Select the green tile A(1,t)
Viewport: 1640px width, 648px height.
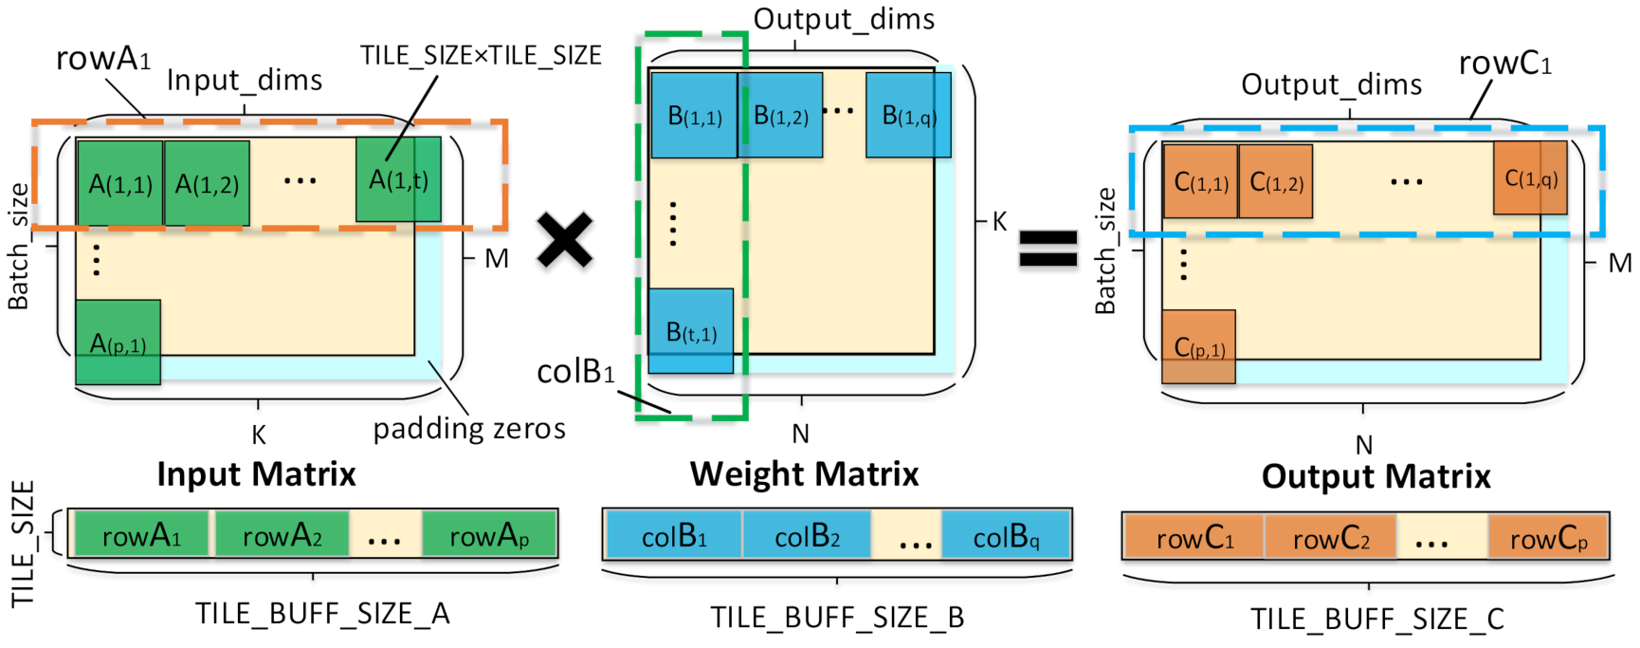point(399,179)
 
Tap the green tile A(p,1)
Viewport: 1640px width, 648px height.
point(118,343)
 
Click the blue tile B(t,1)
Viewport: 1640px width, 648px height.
point(690,330)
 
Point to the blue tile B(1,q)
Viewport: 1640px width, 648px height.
point(908,115)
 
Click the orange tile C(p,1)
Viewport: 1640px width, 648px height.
point(1198,347)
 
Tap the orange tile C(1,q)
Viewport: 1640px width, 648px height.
point(1530,177)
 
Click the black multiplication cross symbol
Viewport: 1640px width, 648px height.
point(565,239)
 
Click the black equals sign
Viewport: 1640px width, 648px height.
point(1048,250)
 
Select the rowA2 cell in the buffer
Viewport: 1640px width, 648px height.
point(282,536)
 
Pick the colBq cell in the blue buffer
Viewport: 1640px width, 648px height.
point(1006,537)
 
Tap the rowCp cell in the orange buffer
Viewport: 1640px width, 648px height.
point(1548,538)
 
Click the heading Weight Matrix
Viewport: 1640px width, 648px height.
point(804,473)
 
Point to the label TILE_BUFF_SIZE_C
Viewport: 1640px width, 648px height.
point(1376,619)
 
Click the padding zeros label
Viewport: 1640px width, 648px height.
point(469,429)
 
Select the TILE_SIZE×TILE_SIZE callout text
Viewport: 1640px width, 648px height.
point(481,56)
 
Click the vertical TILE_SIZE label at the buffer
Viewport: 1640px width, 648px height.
point(23,543)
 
